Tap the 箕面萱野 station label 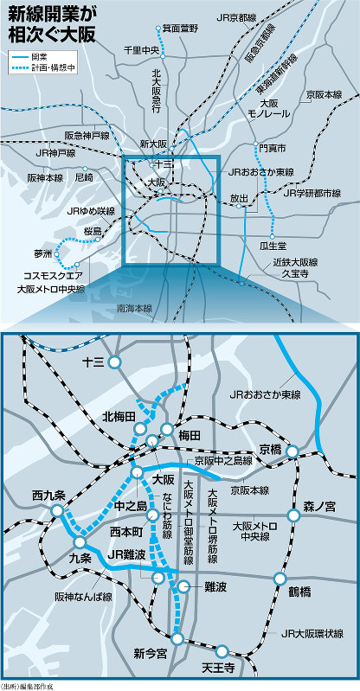pos(180,28)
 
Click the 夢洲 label pos(43,254)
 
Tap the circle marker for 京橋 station pos(292,451)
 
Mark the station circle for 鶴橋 pos(280,579)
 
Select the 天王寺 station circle pos(222,651)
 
